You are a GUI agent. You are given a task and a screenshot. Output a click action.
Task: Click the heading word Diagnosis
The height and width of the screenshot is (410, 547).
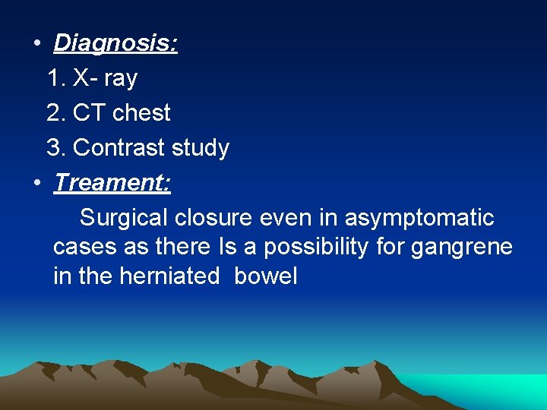coord(115,43)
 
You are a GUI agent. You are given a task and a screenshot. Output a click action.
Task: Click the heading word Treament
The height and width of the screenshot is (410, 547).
coord(112,183)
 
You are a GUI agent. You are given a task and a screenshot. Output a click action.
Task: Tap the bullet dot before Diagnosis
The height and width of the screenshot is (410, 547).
coord(36,43)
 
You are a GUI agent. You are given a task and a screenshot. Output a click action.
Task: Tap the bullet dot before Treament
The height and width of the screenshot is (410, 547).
coord(36,183)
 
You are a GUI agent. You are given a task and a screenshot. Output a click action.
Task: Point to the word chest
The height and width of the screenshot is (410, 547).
coord(141,113)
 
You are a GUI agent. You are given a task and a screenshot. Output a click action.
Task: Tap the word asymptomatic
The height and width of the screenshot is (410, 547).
coord(419,218)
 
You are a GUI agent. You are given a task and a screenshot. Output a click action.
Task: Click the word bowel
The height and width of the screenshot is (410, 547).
coord(266,276)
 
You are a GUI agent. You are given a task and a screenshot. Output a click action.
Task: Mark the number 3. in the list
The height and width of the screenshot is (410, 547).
coord(56,147)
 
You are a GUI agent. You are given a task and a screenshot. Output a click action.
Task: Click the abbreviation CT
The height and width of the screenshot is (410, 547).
coord(87,113)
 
